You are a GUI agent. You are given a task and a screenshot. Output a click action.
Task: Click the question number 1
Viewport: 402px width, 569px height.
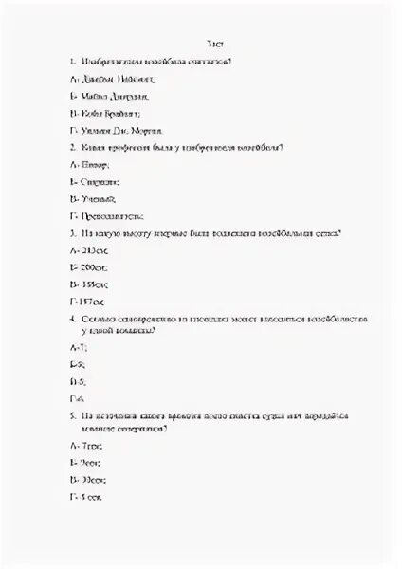pyautogui.click(x=73, y=62)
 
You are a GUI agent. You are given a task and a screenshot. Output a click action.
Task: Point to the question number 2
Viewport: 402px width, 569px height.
pyautogui.click(x=73, y=147)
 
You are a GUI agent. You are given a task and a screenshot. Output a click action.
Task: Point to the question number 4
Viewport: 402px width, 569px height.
pyautogui.click(x=73, y=321)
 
